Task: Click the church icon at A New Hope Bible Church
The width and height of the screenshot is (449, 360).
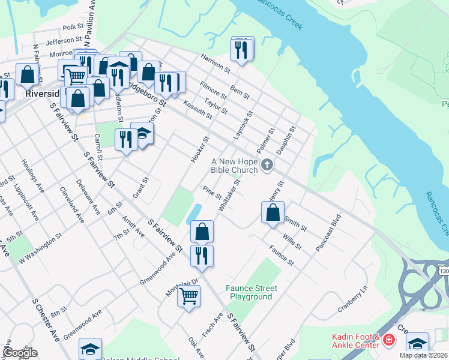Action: [267, 164]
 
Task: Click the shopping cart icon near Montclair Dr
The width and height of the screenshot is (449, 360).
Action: [188, 295]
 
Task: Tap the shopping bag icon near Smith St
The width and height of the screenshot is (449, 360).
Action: [273, 212]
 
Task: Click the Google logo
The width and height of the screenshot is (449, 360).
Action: [19, 353]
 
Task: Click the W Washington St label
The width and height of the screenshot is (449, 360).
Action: [41, 250]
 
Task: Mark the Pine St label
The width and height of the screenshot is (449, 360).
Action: [212, 193]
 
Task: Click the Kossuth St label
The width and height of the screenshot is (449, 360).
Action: [197, 109]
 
